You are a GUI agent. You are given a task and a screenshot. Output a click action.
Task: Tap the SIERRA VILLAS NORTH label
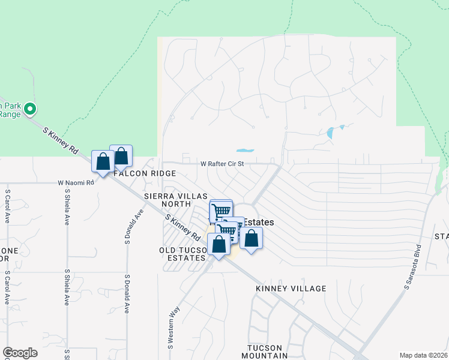175,200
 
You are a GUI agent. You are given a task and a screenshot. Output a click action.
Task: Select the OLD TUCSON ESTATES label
182,254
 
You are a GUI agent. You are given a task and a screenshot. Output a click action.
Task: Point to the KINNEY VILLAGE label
291,289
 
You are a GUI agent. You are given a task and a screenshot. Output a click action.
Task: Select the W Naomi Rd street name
76,182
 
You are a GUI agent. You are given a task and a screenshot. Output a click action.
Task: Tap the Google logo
20,353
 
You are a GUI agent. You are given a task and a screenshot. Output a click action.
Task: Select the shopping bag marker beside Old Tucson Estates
218,244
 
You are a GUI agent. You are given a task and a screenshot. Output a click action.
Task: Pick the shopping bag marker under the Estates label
251,238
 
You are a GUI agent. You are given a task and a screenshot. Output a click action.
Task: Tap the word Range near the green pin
9,114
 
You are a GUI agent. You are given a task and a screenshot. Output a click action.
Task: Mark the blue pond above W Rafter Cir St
245,151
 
